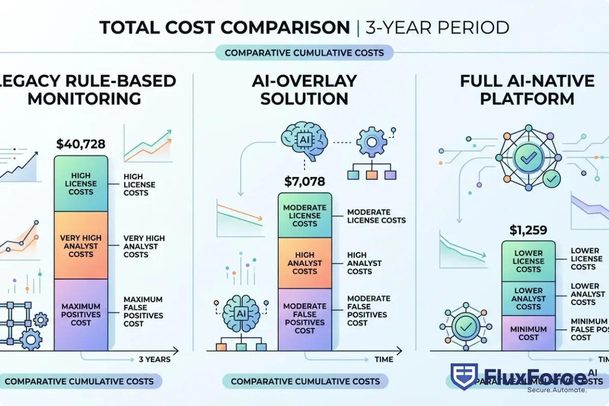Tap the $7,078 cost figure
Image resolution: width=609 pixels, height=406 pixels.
(304, 181)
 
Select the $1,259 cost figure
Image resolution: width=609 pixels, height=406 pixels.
(528, 230)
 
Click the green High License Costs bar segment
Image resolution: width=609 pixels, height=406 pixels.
(81, 184)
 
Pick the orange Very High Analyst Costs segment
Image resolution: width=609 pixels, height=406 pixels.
(81, 246)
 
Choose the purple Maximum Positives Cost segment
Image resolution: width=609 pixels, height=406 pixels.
(81, 315)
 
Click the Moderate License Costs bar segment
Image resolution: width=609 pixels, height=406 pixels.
(304, 216)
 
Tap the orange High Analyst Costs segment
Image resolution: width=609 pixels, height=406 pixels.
(304, 263)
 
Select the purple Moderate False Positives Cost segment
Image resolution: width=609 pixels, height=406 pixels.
(304, 319)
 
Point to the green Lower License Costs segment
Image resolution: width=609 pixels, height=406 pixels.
(528, 261)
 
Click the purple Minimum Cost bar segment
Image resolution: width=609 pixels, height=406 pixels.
(528, 333)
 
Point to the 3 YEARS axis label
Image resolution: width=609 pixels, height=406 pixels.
(154, 359)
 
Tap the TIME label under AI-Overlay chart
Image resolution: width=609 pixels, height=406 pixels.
(383, 359)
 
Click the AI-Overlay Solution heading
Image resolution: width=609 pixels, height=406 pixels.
(304, 89)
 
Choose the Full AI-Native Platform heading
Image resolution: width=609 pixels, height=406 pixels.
(527, 89)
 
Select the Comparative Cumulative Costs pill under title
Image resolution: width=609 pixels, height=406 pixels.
(304, 53)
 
